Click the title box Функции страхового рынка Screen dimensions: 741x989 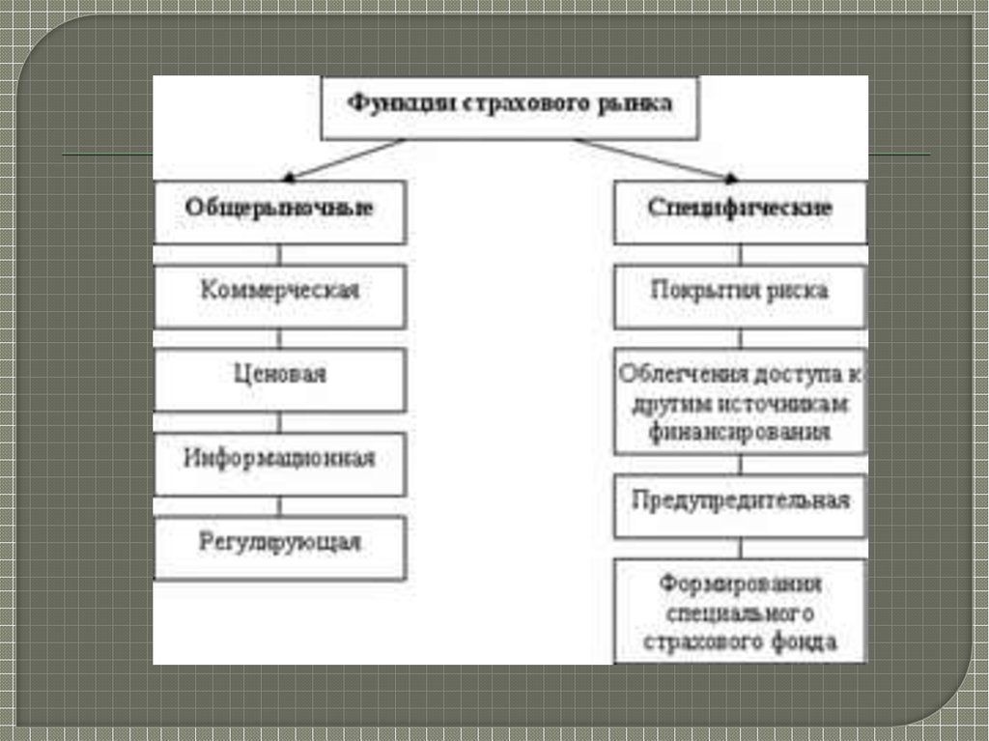tap(510, 107)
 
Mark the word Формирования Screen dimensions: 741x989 tap(740, 584)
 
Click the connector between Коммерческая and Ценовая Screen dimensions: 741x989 tap(279, 338)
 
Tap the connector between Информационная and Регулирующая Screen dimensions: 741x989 tap(279, 506)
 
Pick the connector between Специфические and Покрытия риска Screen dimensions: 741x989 tap(740, 253)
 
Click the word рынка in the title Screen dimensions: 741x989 tap(646, 103)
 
